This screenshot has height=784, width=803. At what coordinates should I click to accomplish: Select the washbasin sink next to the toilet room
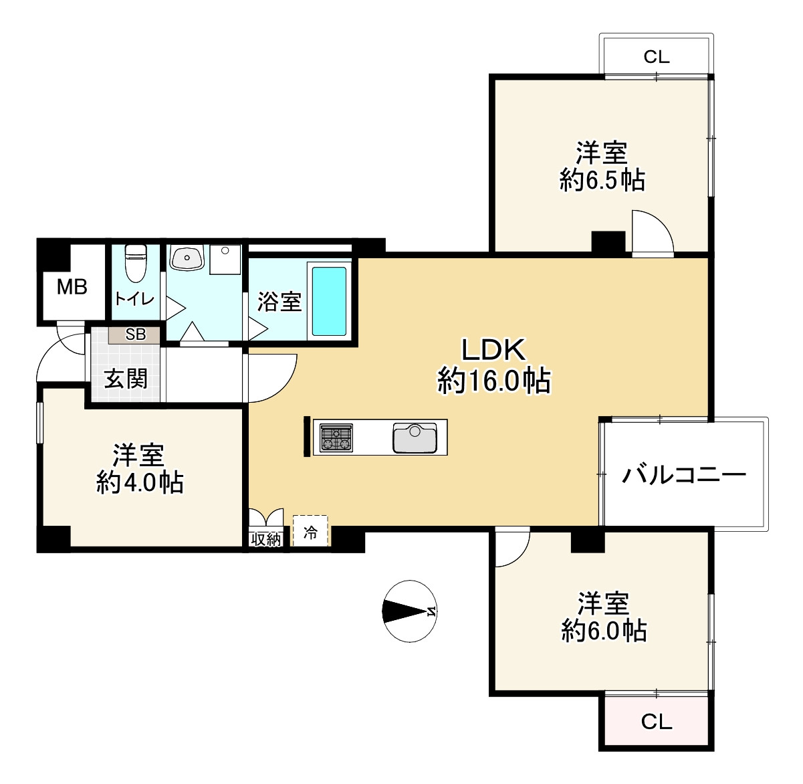click(187, 257)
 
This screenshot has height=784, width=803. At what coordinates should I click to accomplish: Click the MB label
click(72, 287)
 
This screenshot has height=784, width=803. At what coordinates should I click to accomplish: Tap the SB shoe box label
click(135, 334)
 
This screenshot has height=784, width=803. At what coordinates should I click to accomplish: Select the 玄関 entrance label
click(126, 379)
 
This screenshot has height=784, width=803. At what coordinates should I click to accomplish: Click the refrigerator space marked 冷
click(310, 532)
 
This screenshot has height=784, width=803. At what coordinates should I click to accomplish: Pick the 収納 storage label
click(266, 539)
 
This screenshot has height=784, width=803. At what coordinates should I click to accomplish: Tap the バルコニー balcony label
click(684, 475)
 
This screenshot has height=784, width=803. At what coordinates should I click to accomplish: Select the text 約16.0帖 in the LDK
click(494, 381)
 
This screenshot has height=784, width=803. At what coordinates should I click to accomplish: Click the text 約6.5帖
click(602, 180)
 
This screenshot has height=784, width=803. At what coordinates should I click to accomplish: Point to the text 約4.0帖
click(140, 482)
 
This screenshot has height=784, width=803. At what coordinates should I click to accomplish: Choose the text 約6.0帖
click(604, 630)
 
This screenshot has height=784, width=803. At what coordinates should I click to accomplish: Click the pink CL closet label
click(656, 722)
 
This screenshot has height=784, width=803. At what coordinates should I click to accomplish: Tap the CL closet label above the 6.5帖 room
click(656, 57)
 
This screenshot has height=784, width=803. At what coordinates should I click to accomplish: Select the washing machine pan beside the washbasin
click(225, 260)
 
